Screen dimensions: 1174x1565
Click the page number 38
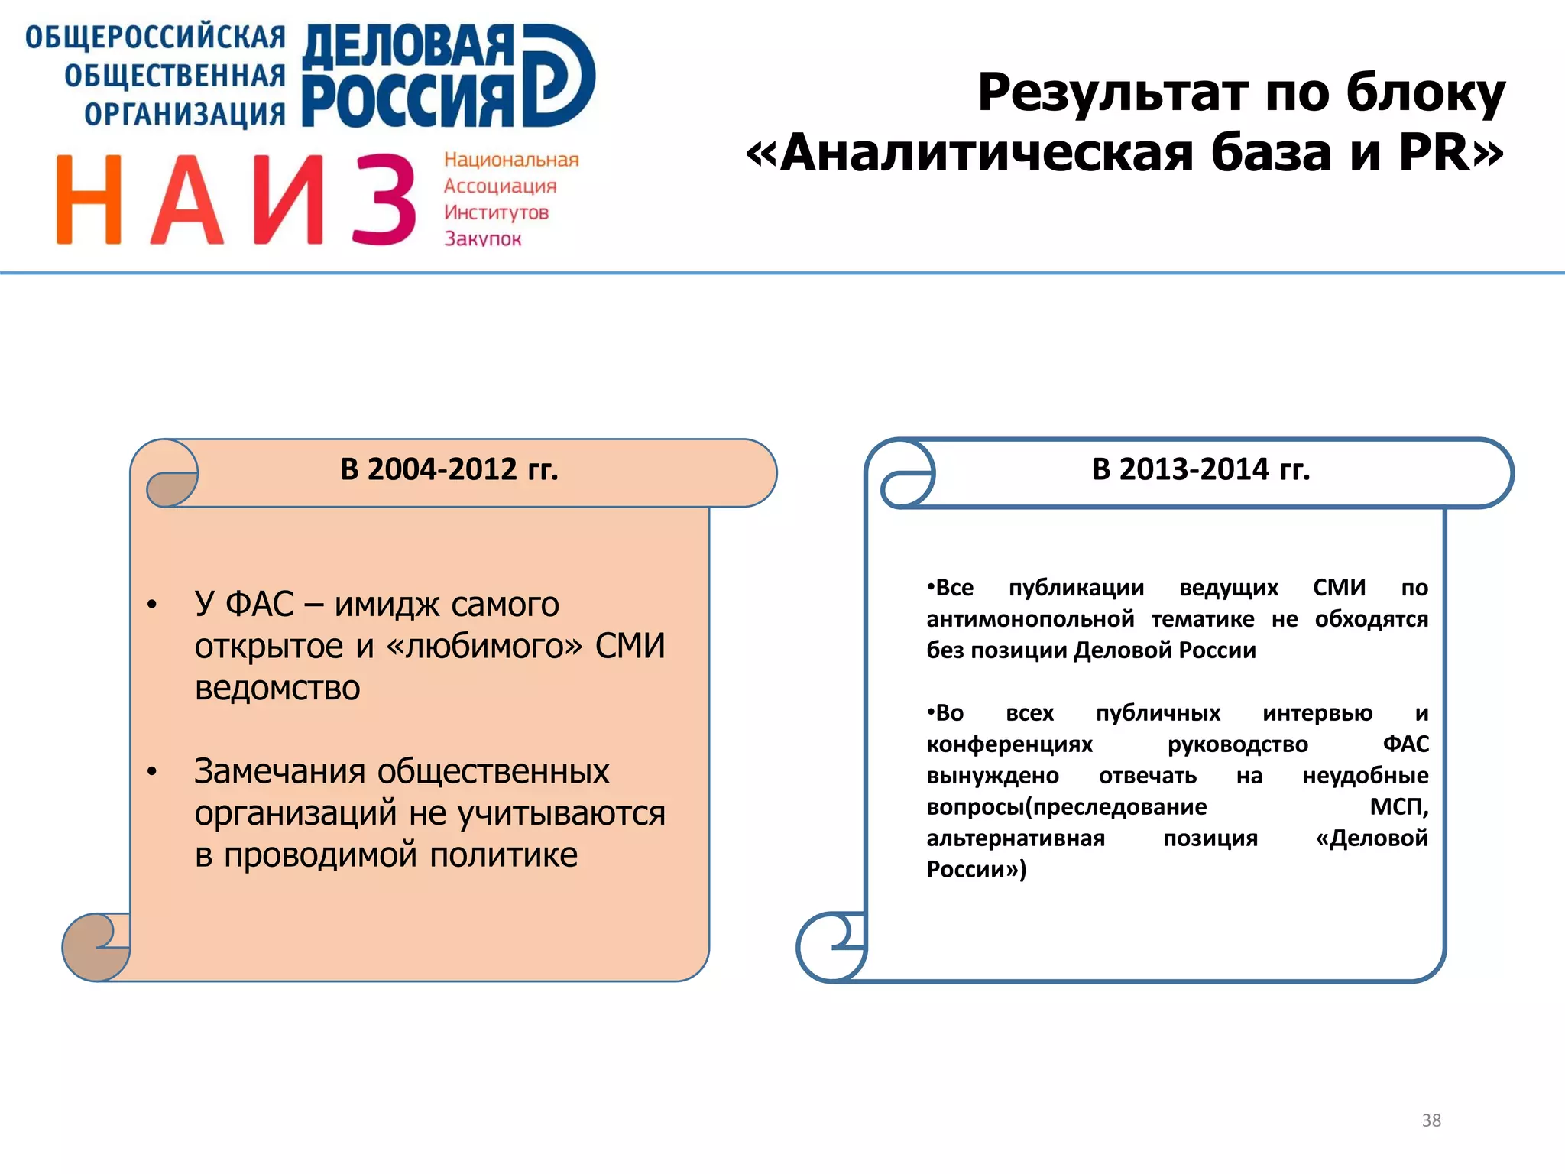pyautogui.click(x=1431, y=1120)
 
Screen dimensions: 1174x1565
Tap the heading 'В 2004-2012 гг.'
pyautogui.click(x=449, y=469)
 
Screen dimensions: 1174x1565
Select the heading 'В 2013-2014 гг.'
pyautogui.click(x=1200, y=469)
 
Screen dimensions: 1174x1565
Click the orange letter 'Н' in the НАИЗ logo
pyautogui.click(x=89, y=199)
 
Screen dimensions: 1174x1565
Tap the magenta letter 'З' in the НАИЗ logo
pyautogui.click(x=384, y=199)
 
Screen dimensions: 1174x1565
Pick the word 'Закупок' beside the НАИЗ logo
pyautogui.click(x=483, y=238)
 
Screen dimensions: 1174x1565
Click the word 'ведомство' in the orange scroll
pyautogui.click(x=277, y=688)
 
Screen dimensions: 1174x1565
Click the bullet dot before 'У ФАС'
pyautogui.click(x=152, y=605)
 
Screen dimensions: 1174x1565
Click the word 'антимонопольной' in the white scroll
pyautogui.click(x=1030, y=619)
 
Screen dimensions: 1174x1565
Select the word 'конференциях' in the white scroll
pyautogui.click(x=1009, y=744)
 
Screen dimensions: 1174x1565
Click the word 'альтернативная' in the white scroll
pyautogui.click(x=1016, y=838)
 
